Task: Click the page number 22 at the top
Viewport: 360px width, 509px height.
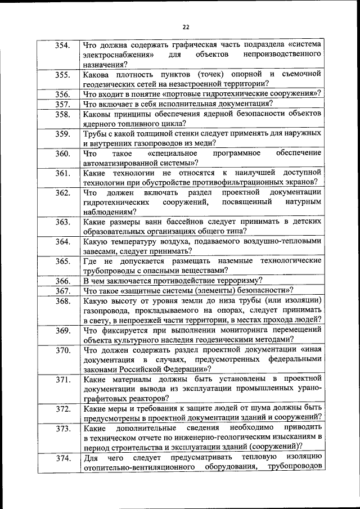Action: (x=186, y=26)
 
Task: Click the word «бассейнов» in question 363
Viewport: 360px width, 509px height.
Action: (x=181, y=221)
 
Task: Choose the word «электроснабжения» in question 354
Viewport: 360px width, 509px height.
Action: (x=118, y=55)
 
